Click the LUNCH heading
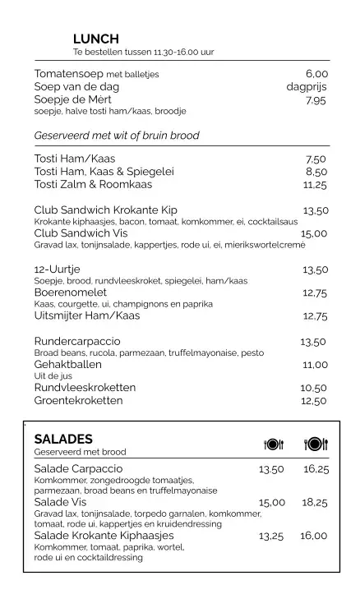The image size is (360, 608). pyautogui.click(x=96, y=39)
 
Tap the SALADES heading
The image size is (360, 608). pyautogui.click(x=63, y=439)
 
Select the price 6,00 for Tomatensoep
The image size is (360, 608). pyautogui.click(x=316, y=73)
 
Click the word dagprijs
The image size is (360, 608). pyautogui.click(x=307, y=86)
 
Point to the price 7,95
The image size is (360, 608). pyautogui.click(x=316, y=100)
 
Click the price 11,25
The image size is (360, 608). pyautogui.click(x=315, y=186)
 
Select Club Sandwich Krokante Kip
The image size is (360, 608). pyautogui.click(x=105, y=210)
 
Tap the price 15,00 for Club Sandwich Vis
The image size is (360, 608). pyautogui.click(x=314, y=233)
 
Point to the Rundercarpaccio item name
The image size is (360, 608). pyautogui.click(x=77, y=341)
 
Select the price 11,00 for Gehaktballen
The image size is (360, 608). pyautogui.click(x=315, y=365)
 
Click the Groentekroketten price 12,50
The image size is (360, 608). pyautogui.click(x=314, y=401)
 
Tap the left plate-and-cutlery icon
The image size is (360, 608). pyautogui.click(x=274, y=444)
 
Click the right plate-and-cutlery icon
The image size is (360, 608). pyautogui.click(x=316, y=444)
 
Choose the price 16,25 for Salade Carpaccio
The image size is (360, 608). pyautogui.click(x=316, y=469)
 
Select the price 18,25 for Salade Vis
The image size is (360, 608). pyautogui.click(x=315, y=502)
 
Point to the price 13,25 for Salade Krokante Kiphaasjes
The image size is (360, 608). pyautogui.click(x=271, y=536)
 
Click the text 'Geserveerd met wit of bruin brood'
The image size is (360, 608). pyautogui.click(x=117, y=136)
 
